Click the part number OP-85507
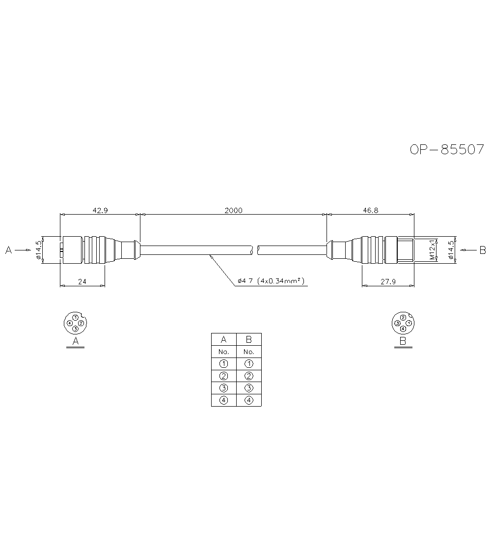(447, 149)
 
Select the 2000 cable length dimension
(233, 210)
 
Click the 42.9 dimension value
(100, 210)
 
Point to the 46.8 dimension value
(370, 210)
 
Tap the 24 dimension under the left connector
(82, 282)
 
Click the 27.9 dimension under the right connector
(387, 282)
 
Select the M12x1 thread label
(432, 250)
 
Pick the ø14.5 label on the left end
(38, 250)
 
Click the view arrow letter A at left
(8, 250)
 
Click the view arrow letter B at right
(482, 250)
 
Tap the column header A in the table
(223, 339)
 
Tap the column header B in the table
(248, 339)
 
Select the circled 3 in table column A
(223, 388)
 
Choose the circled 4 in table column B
(248, 400)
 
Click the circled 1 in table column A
(223, 364)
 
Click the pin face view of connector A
(75, 323)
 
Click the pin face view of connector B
(403, 323)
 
